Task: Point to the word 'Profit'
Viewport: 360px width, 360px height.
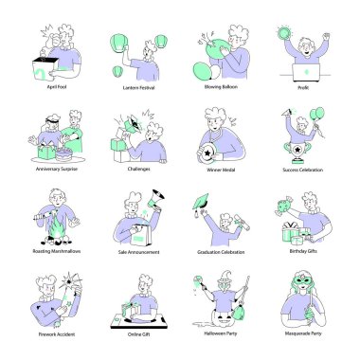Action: pos(302,86)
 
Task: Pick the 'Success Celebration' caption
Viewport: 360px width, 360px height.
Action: pos(302,170)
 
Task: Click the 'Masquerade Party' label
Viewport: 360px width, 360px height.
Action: pos(302,333)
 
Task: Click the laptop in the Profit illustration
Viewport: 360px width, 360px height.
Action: pos(306,72)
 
